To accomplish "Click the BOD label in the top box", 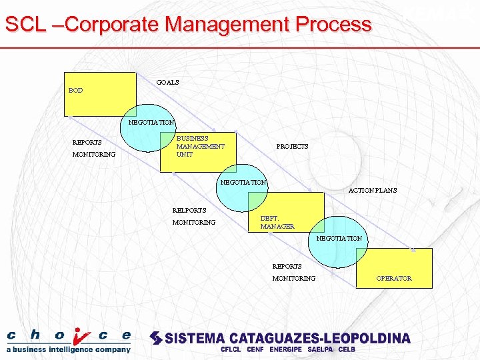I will pyautogui.click(x=75, y=90).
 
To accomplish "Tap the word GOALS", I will pyautogui.click(x=167, y=82).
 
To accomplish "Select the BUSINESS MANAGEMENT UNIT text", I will pyautogui.click(x=200, y=146).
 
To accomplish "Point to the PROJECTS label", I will pyautogui.click(x=292, y=146).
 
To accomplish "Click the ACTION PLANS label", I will pyautogui.click(x=373, y=190).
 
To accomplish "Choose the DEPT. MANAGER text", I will pyautogui.click(x=277, y=222).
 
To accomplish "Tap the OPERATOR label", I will pyautogui.click(x=393, y=278).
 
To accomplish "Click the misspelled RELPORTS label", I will pyautogui.click(x=189, y=210).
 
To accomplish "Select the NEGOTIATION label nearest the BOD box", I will pyautogui.click(x=151, y=122).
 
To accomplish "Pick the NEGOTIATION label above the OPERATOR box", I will pyautogui.click(x=339, y=238).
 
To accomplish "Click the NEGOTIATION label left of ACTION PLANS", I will pyautogui.click(x=243, y=182).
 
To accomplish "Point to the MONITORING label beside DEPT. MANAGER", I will pyautogui.click(x=193, y=222).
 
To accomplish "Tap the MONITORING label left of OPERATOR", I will pyautogui.click(x=294, y=278).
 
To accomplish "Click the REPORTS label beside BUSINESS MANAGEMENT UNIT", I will pyautogui.click(x=87, y=142).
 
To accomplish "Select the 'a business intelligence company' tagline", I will pyautogui.click(x=69, y=349).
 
